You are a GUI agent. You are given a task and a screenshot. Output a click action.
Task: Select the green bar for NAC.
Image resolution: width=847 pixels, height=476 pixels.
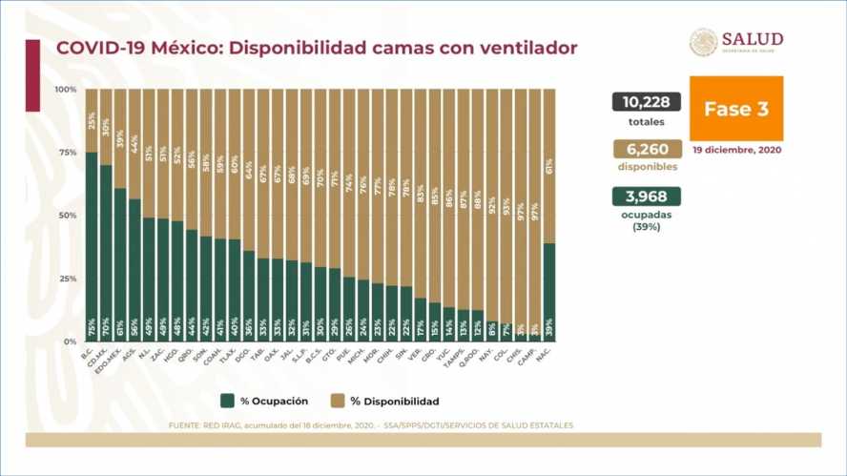tap(548, 291)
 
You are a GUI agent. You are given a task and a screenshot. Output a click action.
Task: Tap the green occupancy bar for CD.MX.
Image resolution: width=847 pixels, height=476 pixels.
tap(105, 253)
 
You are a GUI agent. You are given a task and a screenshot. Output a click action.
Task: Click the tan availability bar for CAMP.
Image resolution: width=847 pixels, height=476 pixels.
tap(534, 210)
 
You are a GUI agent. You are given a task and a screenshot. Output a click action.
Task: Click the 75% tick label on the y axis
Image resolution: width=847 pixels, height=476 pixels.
tap(67, 153)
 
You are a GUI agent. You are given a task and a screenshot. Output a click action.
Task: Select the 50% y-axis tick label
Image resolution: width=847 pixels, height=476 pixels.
tap(67, 216)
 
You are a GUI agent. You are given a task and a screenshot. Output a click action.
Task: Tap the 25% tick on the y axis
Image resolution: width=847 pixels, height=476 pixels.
tap(67, 279)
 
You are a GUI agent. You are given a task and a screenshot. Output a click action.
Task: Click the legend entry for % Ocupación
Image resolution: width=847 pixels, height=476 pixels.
tap(270, 402)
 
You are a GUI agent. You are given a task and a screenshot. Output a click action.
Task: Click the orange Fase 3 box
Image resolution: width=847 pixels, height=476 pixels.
tap(735, 109)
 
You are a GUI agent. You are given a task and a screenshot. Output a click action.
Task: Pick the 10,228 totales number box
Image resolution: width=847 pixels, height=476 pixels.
tap(647, 103)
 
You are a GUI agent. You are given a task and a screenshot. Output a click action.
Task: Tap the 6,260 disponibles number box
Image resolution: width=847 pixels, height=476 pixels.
tap(647, 149)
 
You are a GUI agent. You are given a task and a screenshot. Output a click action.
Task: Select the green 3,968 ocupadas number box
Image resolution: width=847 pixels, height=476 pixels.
tap(647, 196)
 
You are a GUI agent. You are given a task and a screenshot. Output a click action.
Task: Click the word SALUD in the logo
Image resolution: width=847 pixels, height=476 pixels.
tap(752, 39)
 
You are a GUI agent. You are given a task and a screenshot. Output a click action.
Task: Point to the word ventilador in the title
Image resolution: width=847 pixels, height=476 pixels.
tap(527, 48)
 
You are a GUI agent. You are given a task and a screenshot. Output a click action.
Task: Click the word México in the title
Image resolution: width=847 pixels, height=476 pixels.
tap(176, 48)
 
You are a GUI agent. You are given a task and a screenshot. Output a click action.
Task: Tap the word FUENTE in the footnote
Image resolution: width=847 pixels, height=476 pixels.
tap(184, 425)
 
